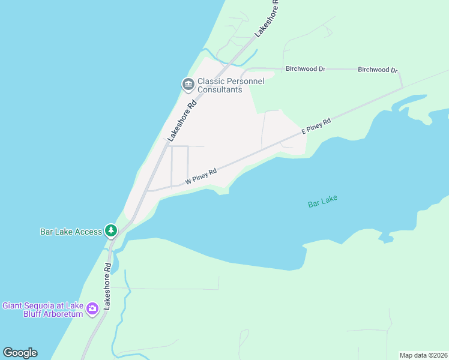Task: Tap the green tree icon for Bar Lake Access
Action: point(110,230)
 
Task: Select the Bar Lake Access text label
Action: point(71,231)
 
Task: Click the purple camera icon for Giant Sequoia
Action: point(92,309)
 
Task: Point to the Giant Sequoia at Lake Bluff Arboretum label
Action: point(43,310)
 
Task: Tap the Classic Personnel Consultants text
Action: point(220,85)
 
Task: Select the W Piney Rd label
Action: point(200,176)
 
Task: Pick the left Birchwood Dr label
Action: point(305,69)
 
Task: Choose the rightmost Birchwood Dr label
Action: point(378,70)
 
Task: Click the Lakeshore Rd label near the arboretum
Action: point(107,286)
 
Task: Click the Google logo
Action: point(20,353)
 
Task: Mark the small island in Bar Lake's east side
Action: point(386,238)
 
